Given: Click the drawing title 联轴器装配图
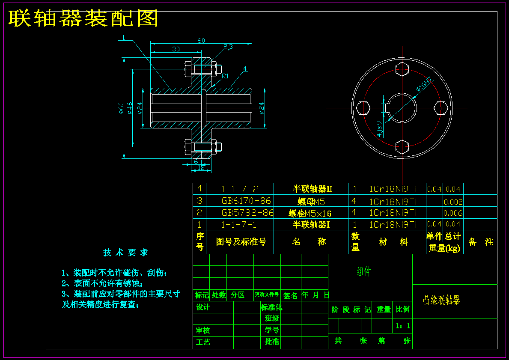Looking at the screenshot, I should point(83,18).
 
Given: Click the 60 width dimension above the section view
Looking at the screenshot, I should point(201,41).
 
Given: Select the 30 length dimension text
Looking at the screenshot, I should point(176,49).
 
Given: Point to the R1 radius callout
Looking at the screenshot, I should point(225,76).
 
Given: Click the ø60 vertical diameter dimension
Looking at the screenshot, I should point(122,108).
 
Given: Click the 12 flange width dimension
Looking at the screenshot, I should point(201,168).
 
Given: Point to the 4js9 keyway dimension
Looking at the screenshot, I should point(379,128).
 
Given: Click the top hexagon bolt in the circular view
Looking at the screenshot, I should point(402,69).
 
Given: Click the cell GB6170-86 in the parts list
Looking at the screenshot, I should point(246,201).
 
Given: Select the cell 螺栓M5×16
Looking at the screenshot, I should point(310,213).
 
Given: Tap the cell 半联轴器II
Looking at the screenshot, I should point(313,189).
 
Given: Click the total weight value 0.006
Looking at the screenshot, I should point(452,213).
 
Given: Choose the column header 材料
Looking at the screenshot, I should point(393,242).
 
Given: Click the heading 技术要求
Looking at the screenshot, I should point(125,253).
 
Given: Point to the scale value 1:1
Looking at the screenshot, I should point(403,326).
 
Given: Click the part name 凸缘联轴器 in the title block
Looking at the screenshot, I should point(441,300).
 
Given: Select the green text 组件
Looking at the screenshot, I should point(364,271).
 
